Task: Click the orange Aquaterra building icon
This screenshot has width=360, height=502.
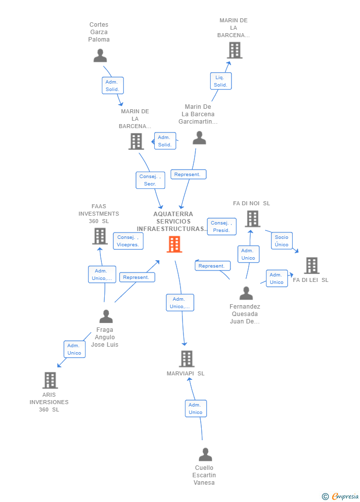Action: click(174, 244)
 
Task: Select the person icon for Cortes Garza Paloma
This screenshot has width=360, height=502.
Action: click(100, 55)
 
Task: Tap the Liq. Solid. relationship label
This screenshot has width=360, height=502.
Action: click(221, 81)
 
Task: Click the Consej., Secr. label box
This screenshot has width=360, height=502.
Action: click(150, 180)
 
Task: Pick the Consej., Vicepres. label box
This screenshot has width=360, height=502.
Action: click(128, 241)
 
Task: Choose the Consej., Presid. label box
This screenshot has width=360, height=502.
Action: click(222, 227)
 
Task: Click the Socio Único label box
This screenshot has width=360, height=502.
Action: click(281, 241)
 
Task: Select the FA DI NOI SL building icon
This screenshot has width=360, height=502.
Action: click(252, 219)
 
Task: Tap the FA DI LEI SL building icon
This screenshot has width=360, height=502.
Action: click(312, 266)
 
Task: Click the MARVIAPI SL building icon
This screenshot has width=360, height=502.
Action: click(186, 359)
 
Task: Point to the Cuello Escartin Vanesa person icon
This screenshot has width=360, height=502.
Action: click(205, 455)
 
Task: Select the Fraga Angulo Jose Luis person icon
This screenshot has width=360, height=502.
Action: click(106, 316)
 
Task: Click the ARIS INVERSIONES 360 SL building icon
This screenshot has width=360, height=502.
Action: click(50, 380)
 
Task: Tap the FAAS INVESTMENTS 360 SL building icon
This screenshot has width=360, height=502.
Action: click(100, 236)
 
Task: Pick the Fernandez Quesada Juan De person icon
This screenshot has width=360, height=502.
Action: click(246, 293)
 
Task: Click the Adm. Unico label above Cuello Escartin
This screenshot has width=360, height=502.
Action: click(196, 409)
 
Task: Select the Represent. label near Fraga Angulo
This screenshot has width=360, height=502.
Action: click(136, 277)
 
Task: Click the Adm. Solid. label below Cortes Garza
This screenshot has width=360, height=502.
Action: click(112, 86)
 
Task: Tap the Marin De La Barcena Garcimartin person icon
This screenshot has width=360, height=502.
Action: click(199, 138)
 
